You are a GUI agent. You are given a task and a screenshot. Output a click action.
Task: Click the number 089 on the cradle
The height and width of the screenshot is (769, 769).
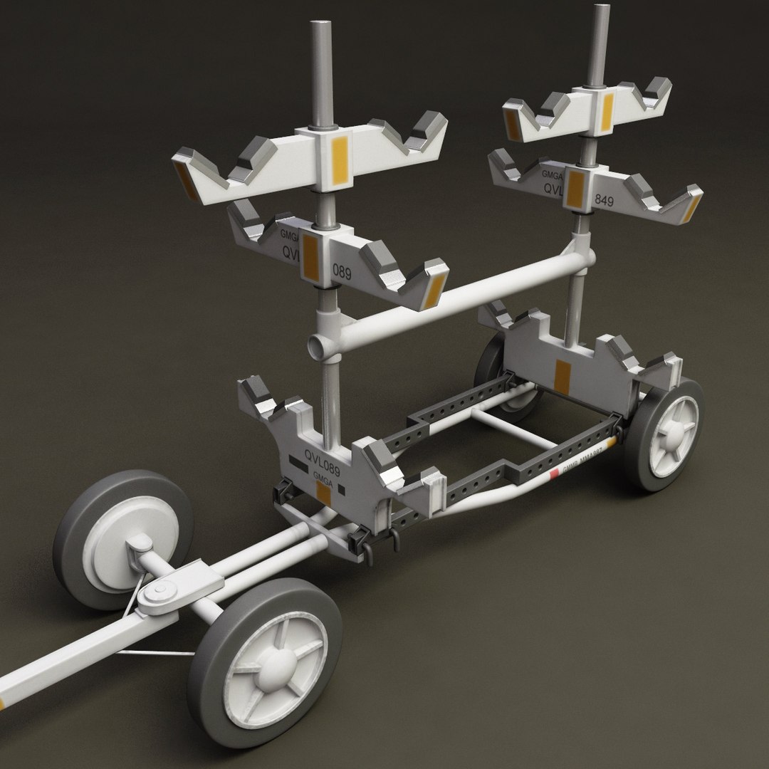342,271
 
